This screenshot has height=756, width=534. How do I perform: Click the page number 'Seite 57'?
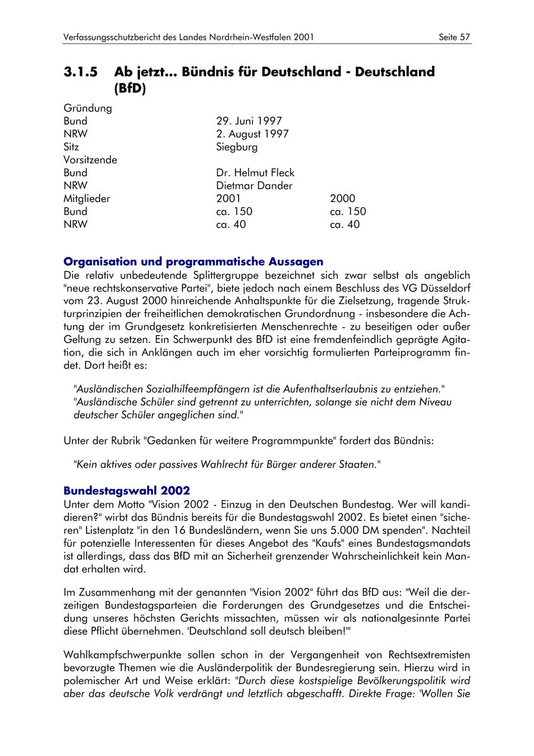click(454, 37)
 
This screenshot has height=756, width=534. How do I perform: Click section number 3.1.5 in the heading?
click(80, 72)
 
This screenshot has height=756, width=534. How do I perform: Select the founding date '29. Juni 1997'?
click(249, 121)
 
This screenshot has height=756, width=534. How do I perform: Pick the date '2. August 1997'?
click(252, 134)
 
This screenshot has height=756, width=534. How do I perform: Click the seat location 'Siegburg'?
click(237, 147)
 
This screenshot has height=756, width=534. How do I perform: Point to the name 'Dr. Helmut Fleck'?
click(255, 173)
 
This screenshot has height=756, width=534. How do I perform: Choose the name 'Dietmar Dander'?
click(254, 186)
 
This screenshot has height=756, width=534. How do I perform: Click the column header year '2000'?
click(342, 199)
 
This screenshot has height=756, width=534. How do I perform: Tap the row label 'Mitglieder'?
click(87, 199)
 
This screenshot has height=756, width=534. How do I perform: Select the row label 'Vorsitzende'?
click(90, 160)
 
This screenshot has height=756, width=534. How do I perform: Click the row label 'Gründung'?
click(87, 108)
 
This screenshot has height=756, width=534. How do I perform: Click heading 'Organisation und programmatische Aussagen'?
click(193, 262)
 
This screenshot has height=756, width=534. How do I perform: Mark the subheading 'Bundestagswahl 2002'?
click(126, 491)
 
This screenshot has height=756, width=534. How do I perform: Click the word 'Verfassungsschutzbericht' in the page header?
click(114, 37)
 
